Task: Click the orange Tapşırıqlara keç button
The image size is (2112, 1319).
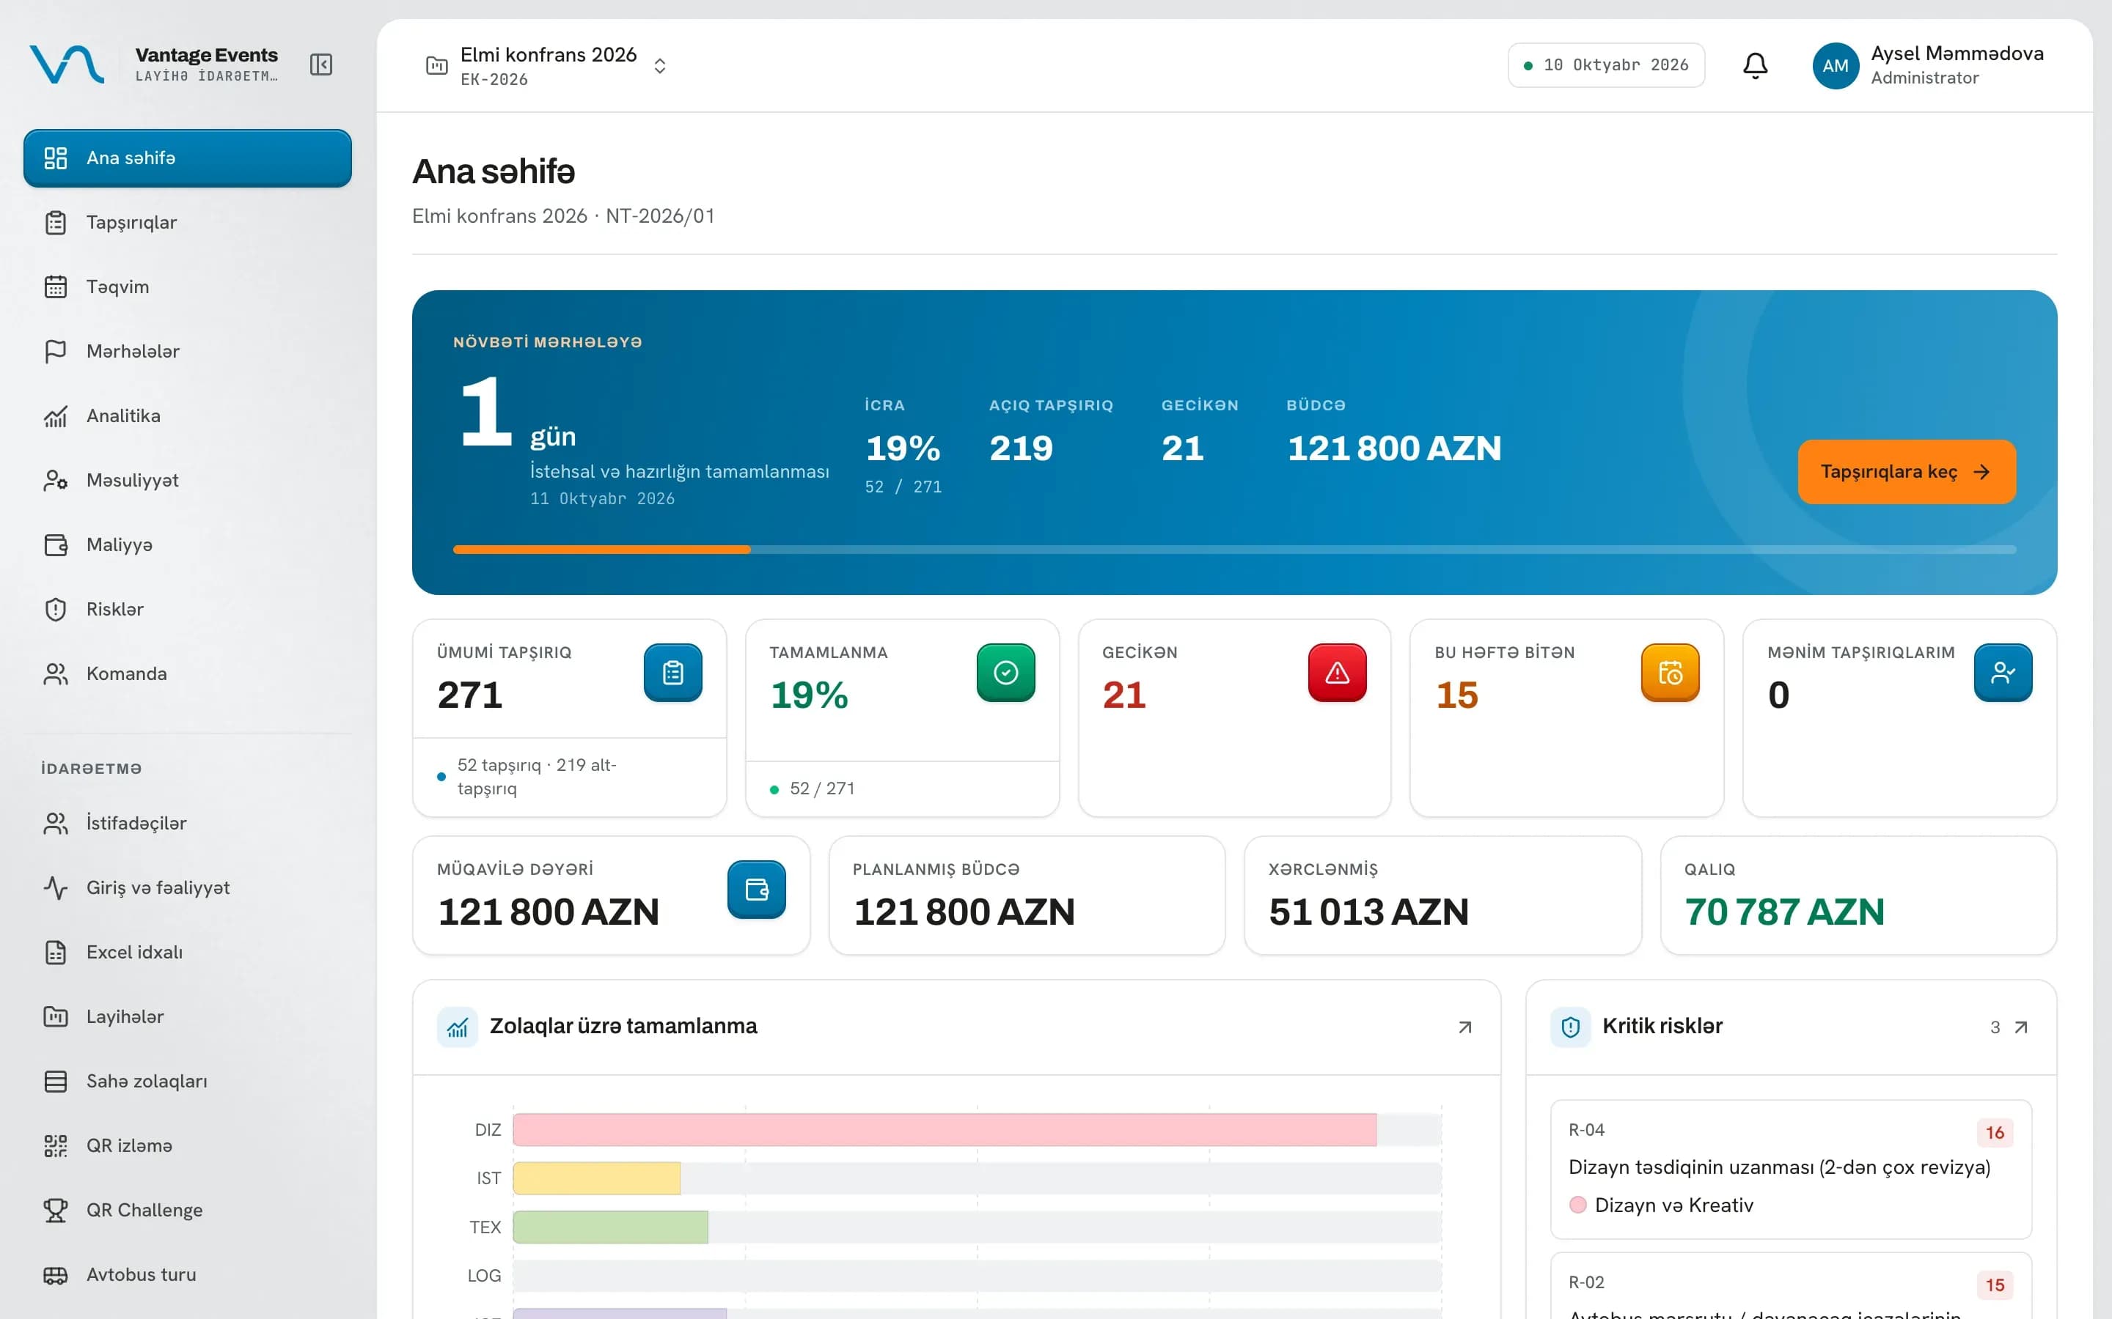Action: (x=1906, y=471)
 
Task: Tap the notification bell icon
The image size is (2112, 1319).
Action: (x=1755, y=65)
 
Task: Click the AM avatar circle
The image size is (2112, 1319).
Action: (x=1836, y=65)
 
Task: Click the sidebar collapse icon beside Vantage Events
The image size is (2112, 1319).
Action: (x=321, y=64)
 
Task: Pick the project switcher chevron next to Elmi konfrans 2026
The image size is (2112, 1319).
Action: (x=660, y=66)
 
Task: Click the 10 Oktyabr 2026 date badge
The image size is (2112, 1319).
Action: (x=1606, y=65)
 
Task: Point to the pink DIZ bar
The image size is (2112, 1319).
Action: (x=945, y=1130)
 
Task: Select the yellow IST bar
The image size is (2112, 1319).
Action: (x=597, y=1178)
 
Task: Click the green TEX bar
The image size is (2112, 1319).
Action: (x=611, y=1227)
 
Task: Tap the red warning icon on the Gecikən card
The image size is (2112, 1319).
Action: (x=1337, y=673)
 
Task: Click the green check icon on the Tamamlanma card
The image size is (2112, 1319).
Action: (x=1005, y=673)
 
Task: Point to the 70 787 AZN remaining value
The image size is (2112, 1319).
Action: (x=1784, y=912)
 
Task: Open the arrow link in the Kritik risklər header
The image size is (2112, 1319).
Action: (x=2021, y=1027)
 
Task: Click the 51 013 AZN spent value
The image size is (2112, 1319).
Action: (x=1368, y=912)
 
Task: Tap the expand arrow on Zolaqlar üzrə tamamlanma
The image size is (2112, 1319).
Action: (x=1465, y=1027)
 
